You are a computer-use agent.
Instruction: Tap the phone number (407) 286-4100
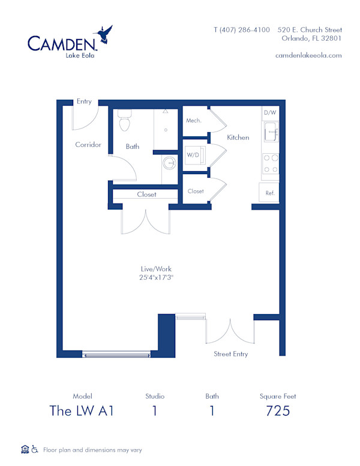242,29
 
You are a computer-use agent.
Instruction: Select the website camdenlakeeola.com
308,55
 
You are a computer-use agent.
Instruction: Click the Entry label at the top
84,101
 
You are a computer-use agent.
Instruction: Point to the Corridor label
88,145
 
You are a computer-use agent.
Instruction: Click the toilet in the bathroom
125,121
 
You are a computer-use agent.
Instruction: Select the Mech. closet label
194,120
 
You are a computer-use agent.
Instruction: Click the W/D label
193,155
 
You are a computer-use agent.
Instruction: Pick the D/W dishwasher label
270,112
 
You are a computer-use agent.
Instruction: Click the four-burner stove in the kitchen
271,164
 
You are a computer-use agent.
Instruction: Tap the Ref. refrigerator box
270,193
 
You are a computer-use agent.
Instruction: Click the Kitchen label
238,138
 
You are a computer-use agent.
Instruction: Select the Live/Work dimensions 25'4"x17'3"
157,277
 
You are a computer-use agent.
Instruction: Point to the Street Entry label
230,354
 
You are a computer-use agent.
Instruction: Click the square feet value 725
278,411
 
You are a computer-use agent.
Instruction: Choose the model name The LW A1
82,411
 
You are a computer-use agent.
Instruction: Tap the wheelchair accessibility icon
35,449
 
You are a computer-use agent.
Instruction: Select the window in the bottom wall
116,356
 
